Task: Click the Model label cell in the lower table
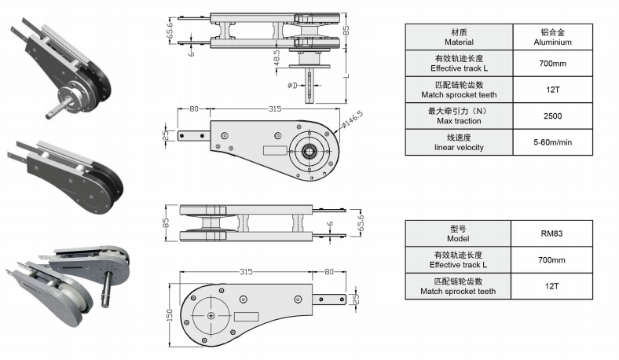tap(458, 233)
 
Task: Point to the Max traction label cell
tap(458, 116)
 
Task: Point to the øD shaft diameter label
tap(292, 84)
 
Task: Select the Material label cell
tap(458, 37)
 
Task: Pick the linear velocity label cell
tap(458, 142)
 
